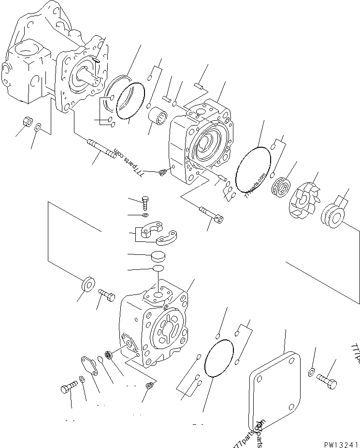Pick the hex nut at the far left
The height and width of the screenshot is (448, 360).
tap(27, 121)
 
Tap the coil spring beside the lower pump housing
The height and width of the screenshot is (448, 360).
tap(109, 357)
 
